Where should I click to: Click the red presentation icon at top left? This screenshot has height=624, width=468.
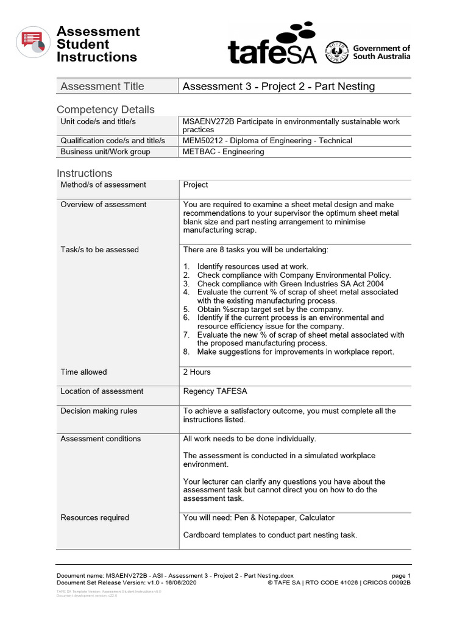(33, 42)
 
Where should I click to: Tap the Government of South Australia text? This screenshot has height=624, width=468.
(381, 52)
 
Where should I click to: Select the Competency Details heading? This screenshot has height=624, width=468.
(105, 110)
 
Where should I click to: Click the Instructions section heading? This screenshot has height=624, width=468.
(85, 173)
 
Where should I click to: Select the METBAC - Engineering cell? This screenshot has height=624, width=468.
(224, 152)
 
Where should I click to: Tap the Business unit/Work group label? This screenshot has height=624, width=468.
(105, 152)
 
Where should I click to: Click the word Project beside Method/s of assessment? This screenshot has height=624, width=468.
(196, 185)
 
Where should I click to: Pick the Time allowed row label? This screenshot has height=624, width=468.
(83, 372)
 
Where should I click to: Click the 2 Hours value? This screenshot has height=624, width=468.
(197, 372)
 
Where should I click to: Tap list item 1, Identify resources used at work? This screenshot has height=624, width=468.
(252, 267)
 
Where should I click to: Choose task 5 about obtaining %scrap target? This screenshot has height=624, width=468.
(270, 310)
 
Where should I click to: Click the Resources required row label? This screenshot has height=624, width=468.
(94, 518)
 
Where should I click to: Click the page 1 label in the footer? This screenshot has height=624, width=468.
(401, 576)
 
